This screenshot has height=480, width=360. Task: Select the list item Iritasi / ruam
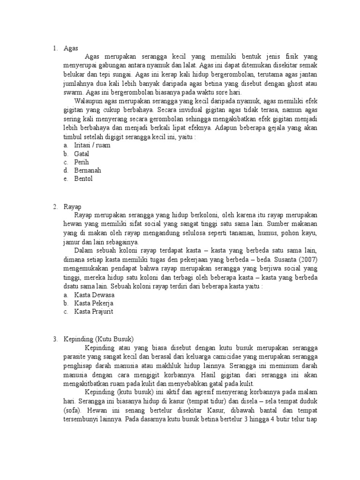(x=92, y=145)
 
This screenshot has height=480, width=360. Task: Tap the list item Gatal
(x=82, y=154)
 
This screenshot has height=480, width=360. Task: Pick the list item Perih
(x=82, y=162)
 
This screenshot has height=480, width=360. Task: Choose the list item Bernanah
(x=88, y=171)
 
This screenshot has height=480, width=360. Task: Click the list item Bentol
(x=83, y=179)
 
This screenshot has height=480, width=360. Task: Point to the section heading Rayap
(x=73, y=207)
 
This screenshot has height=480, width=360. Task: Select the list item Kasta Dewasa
(x=94, y=295)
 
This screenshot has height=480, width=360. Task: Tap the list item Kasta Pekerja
(x=94, y=303)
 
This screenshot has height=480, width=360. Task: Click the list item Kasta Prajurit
(x=94, y=312)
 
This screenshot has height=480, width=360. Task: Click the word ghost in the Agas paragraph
(x=291, y=84)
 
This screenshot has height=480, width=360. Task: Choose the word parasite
(x=75, y=356)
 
